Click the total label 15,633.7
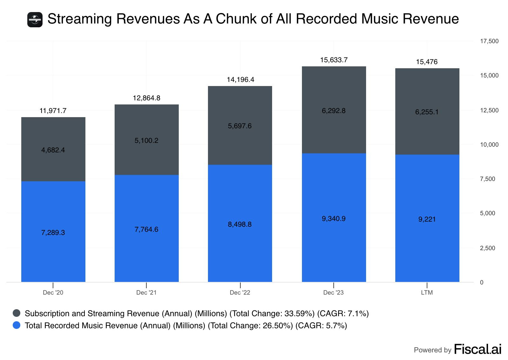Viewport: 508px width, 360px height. [x=334, y=60]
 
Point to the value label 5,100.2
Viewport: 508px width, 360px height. [x=146, y=141]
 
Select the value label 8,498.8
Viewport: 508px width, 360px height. [x=240, y=224]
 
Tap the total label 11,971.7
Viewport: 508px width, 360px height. [x=53, y=111]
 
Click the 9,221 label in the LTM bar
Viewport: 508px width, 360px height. [x=427, y=219]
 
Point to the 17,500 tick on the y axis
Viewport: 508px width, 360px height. [x=489, y=41]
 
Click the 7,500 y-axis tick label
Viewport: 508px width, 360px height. [x=487, y=179]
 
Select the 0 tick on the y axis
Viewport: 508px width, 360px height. [x=482, y=283]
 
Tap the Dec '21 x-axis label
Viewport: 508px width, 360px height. [x=146, y=293]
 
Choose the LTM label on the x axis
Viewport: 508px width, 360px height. [x=427, y=293]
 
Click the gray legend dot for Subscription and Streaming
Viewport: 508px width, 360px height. [x=17, y=313]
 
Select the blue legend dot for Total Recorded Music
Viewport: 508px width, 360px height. [x=17, y=325]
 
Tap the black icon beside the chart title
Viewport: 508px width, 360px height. [x=35, y=20]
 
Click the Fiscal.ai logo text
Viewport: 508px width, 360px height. [x=478, y=350]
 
